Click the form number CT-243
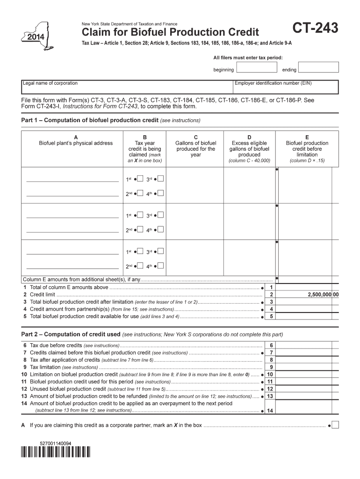coord(315,30)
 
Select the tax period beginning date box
coord(257,67)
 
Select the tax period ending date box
coord(318,67)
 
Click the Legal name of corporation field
coord(127,87)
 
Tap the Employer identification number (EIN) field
coord(286,87)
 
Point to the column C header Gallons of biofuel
coord(195,143)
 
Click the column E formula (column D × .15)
coord(307,160)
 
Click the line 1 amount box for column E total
coord(306,287)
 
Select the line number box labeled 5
coord(272,316)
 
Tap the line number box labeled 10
coord(270,375)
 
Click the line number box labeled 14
coord(270,411)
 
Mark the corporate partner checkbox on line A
coord(335,425)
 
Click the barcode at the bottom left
coord(55,452)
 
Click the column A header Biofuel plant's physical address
coord(76,143)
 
